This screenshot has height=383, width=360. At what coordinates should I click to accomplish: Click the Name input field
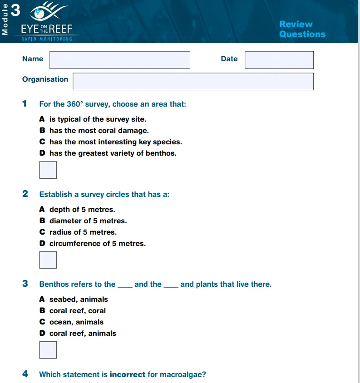[x=119, y=60]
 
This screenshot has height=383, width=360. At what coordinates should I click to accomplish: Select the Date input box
[x=279, y=60]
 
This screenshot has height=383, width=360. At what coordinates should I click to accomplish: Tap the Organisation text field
[x=193, y=81]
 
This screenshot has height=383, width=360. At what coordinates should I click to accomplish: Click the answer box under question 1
[x=48, y=170]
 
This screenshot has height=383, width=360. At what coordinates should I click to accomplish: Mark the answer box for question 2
[x=48, y=260]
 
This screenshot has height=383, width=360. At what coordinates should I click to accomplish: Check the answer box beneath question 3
[x=48, y=350]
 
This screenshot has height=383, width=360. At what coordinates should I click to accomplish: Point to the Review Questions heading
[x=302, y=29]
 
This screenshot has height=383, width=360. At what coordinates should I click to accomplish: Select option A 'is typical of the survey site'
[x=98, y=119]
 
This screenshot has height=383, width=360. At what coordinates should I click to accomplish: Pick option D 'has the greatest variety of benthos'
[x=113, y=153]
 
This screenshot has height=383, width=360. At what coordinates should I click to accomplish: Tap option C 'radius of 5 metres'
[x=83, y=232]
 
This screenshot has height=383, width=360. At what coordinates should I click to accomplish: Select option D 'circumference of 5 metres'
[x=97, y=244]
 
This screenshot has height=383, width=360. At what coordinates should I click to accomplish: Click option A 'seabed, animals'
[x=79, y=300]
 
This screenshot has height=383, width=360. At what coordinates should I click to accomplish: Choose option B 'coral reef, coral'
[x=77, y=311]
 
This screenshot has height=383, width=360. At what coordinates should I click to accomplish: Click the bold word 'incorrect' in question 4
[x=128, y=375]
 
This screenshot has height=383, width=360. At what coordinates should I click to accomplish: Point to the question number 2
[x=25, y=194]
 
